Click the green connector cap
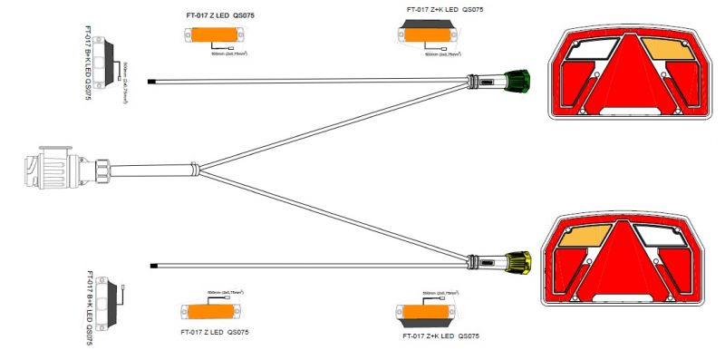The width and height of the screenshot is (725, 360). point(519,80)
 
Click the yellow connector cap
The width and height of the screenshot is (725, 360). point(518,262)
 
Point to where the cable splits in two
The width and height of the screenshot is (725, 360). point(200,169)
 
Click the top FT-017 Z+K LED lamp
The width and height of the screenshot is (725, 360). point(426,36)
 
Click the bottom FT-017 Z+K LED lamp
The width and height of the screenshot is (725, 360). point(425,313)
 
